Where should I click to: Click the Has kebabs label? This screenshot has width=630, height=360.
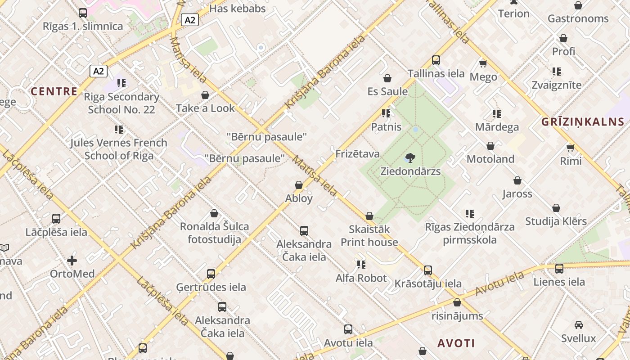click(x=238, y=9)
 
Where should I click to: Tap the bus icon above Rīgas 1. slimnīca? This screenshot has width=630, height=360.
click(x=83, y=13)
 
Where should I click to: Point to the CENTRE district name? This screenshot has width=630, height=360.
click(x=54, y=91)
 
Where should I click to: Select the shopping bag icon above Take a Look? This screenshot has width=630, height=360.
click(x=205, y=95)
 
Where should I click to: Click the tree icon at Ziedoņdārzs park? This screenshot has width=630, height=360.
click(x=410, y=158)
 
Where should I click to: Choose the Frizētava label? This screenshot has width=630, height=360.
click(x=357, y=154)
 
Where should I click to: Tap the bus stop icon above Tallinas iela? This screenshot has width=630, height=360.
click(x=436, y=60)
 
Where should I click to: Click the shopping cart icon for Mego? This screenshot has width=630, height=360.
click(x=483, y=63)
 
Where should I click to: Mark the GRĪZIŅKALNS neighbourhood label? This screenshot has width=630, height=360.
click(x=583, y=121)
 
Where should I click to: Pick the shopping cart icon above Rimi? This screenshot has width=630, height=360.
click(x=571, y=148)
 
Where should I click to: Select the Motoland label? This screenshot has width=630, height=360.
click(x=490, y=159)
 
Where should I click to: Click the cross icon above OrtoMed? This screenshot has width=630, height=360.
click(x=72, y=261)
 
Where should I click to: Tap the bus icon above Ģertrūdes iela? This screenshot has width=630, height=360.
click(x=211, y=274)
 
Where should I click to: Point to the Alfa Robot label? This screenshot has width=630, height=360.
click(x=361, y=278)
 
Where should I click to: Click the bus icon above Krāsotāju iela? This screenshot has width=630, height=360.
click(x=427, y=270)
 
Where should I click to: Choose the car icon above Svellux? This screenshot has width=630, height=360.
click(x=578, y=325)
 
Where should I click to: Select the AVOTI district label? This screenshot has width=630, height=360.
click(x=456, y=343)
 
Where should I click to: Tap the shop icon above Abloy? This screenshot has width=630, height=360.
click(x=298, y=185)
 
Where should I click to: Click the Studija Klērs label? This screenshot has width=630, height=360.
click(x=556, y=221)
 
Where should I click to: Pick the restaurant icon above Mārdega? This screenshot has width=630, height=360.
click(x=496, y=114)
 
